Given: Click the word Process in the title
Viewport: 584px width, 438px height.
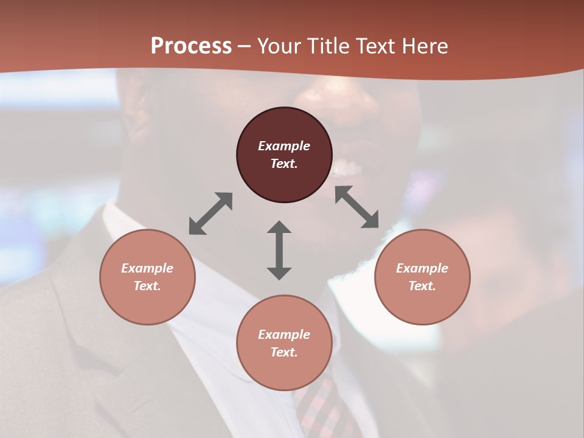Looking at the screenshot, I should pos(191,46).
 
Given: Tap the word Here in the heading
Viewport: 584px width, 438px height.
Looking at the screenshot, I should pos(425,46).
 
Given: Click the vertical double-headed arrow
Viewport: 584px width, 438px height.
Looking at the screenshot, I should pos(279,250).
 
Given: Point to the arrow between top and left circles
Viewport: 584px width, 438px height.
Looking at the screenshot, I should pos(210,214).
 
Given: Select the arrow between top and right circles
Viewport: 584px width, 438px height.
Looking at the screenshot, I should pos(357,207).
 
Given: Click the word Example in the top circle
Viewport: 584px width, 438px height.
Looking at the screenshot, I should pos(284,146).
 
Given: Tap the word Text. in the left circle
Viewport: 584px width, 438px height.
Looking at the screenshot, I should pos(147,286).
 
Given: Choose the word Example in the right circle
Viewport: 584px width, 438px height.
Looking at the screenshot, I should pos(422,268).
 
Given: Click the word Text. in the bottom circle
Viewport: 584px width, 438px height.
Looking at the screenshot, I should pos(284,352).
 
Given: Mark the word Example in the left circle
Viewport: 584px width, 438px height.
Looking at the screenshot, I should pos(147,268).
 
